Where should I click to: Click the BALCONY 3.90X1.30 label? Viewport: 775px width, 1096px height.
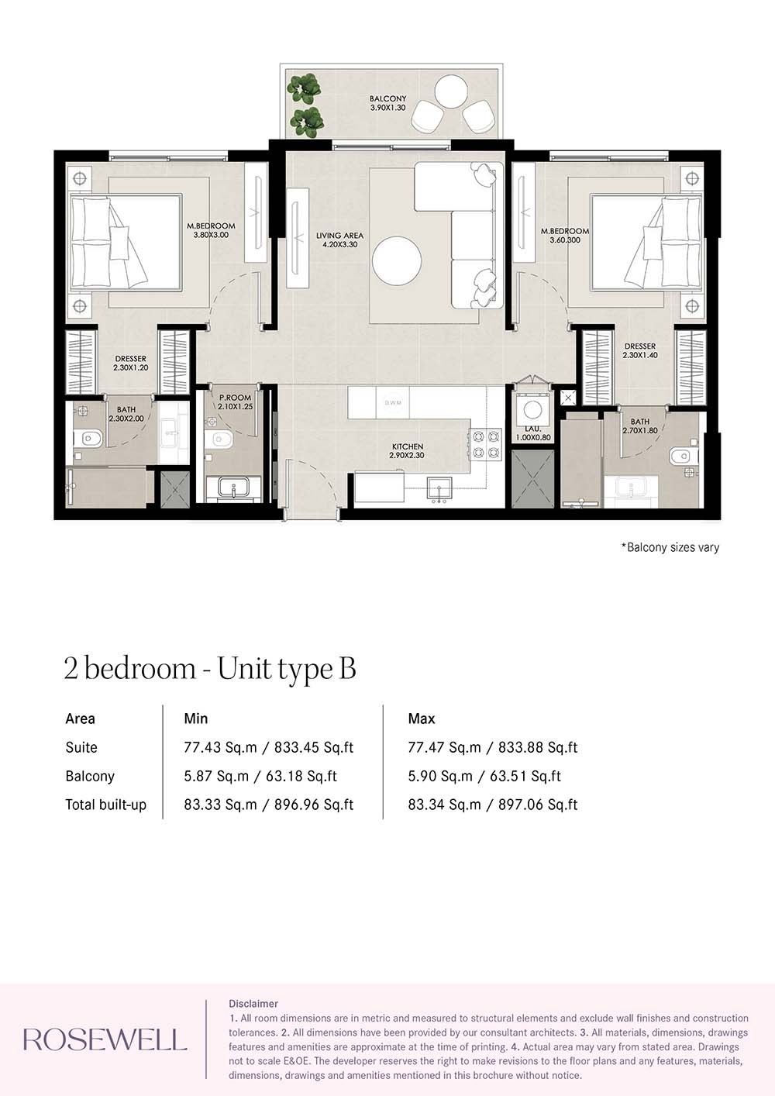[x=387, y=103]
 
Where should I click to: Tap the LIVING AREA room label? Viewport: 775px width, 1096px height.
[x=339, y=240]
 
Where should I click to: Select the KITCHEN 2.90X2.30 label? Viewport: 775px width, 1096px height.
[x=408, y=451]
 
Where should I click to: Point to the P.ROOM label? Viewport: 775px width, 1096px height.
[x=235, y=402]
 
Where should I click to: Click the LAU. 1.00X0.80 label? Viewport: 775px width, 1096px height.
[x=533, y=433]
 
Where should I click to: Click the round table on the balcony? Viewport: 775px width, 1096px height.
[x=450, y=91]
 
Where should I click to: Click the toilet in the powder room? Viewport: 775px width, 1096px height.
[x=221, y=440]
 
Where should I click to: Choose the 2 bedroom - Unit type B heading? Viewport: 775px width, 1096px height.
[x=210, y=669]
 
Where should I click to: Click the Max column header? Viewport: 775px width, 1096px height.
[x=422, y=719]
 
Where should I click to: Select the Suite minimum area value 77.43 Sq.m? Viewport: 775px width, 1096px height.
[x=220, y=747]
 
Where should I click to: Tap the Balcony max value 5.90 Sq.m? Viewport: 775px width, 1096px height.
[x=440, y=776]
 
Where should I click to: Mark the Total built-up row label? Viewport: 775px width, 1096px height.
[x=105, y=805]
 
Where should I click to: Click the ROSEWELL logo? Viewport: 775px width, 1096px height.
[x=105, y=1039]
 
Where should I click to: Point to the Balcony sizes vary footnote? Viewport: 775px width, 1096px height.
[x=670, y=547]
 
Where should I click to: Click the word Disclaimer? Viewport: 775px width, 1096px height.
[x=253, y=1004]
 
